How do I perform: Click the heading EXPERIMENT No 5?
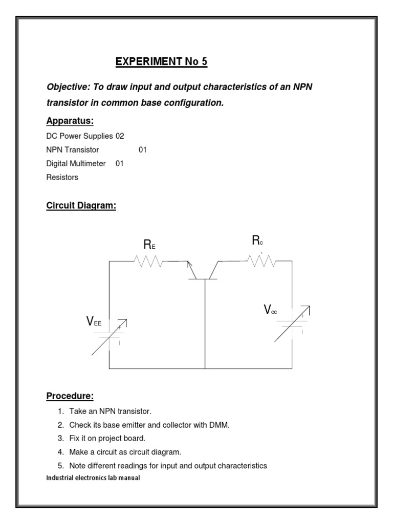click(161, 62)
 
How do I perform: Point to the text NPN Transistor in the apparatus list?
click(73, 150)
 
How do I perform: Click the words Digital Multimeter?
click(76, 164)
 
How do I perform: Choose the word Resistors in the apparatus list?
click(62, 178)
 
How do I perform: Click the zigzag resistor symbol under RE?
click(149, 261)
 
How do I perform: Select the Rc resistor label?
click(257, 242)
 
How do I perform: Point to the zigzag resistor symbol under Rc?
click(261, 261)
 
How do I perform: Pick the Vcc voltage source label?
click(270, 310)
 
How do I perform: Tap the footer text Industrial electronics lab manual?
click(93, 477)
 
